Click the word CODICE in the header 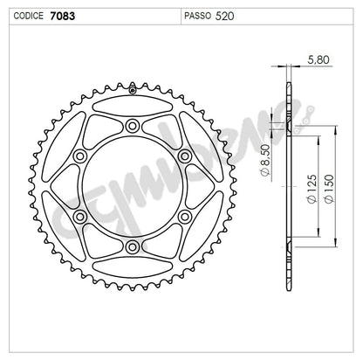click(x=28, y=16)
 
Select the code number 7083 click(x=62, y=16)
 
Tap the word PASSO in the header click(x=197, y=16)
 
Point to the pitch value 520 click(x=224, y=16)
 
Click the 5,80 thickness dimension click(x=318, y=60)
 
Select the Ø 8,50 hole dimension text click(x=266, y=160)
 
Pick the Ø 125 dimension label click(x=311, y=189)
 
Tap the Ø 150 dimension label click(x=329, y=189)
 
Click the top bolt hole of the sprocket click(x=133, y=127)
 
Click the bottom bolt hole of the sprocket click(x=133, y=247)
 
